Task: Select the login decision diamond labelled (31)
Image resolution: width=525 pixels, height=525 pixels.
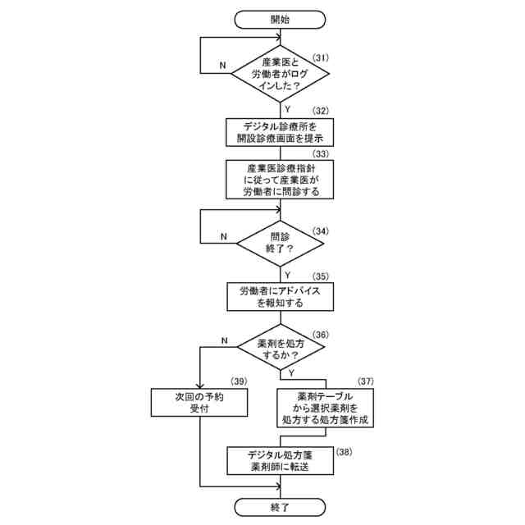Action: pyautogui.click(x=280, y=74)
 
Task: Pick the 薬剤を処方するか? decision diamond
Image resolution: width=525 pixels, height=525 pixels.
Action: pyautogui.click(x=280, y=350)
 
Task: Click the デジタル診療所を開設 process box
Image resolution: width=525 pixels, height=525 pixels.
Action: pyautogui.click(x=280, y=132)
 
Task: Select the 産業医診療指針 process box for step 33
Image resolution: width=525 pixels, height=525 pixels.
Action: pyautogui.click(x=280, y=179)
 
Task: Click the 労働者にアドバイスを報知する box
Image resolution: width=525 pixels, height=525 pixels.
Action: pyautogui.click(x=280, y=297)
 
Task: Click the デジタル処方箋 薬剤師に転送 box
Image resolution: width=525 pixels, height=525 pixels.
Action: pyautogui.click(x=280, y=460)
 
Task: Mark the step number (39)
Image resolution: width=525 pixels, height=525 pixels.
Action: pyautogui.click(x=239, y=381)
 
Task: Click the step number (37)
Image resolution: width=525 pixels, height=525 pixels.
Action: pyautogui.click(x=365, y=381)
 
